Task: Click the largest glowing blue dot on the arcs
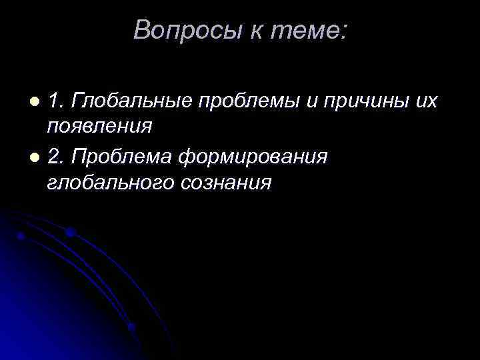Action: click(70, 233)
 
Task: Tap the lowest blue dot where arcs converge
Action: click(131, 327)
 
